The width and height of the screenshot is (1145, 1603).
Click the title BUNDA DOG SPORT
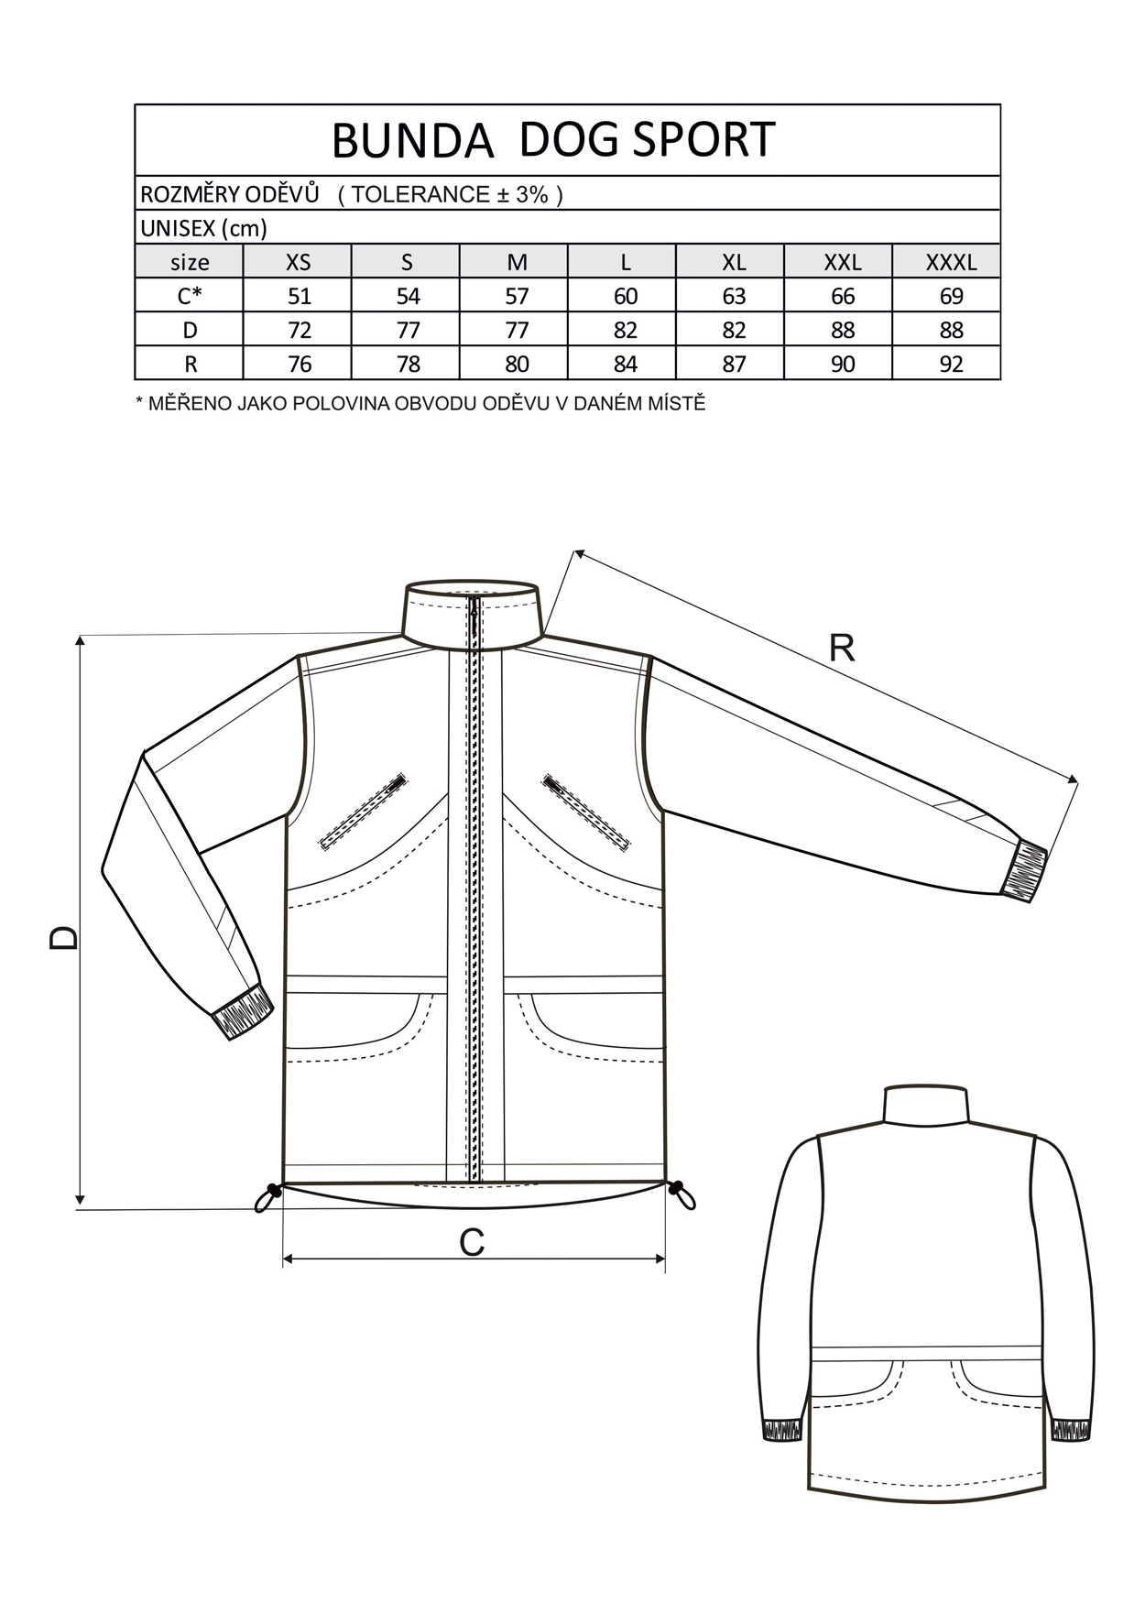pyautogui.click(x=553, y=140)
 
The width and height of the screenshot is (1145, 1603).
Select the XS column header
pyautogui.click(x=299, y=263)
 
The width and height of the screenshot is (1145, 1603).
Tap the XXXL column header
pyautogui.click(x=951, y=263)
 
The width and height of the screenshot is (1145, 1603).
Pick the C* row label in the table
pyautogui.click(x=190, y=296)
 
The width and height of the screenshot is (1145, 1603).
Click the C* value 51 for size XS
pyautogui.click(x=299, y=297)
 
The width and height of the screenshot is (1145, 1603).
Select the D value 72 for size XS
pyautogui.click(x=299, y=331)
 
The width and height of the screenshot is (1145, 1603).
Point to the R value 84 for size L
pyautogui.click(x=626, y=365)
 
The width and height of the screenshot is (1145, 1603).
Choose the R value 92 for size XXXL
pyautogui.click(x=951, y=365)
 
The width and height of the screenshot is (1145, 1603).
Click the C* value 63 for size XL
pyautogui.click(x=734, y=297)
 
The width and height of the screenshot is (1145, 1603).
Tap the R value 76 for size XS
pyautogui.click(x=299, y=365)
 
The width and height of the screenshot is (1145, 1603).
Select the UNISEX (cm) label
pyautogui.click(x=203, y=228)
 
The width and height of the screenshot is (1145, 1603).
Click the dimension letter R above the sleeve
pyautogui.click(x=841, y=649)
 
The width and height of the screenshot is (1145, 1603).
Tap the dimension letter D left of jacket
pyautogui.click(x=64, y=936)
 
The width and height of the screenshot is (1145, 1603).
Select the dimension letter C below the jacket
pyautogui.click(x=471, y=1243)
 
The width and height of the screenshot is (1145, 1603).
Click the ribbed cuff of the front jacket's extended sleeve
pyautogui.click(x=1024, y=869)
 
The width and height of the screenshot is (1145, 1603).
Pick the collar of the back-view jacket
pyautogui.click(x=925, y=1105)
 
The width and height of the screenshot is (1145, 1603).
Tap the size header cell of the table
pyautogui.click(x=190, y=262)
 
